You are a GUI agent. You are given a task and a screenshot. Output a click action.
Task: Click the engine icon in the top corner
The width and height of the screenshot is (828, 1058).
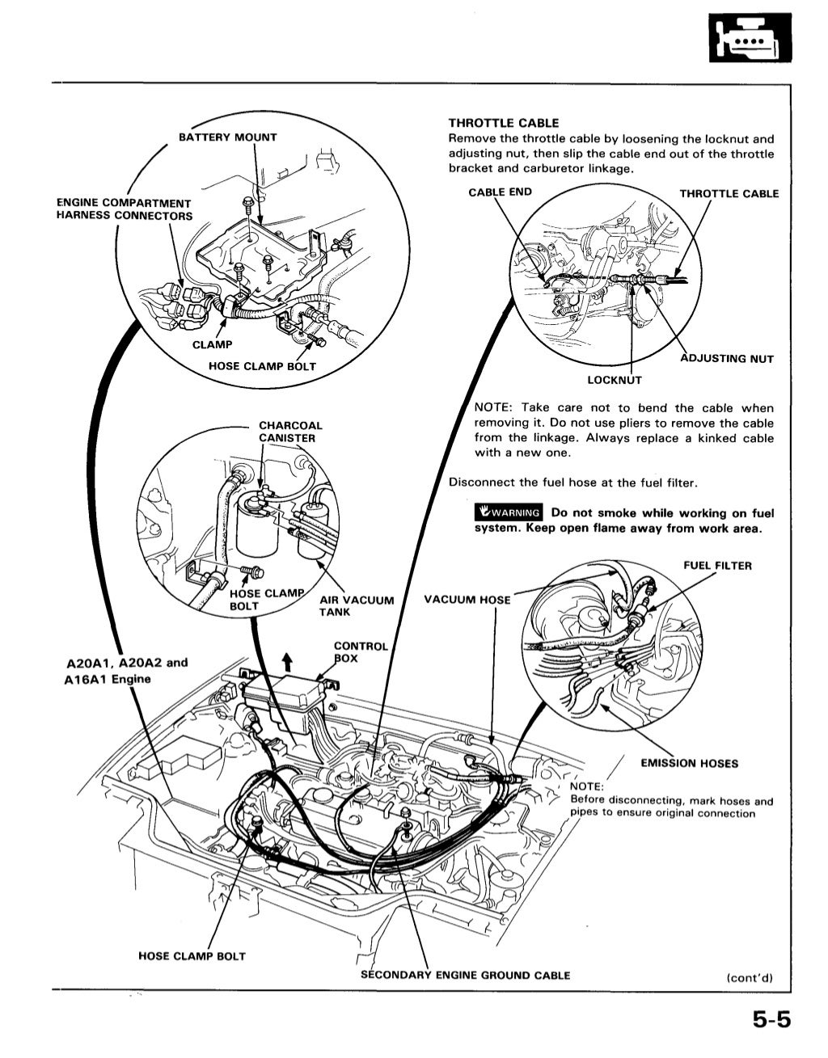coord(748,38)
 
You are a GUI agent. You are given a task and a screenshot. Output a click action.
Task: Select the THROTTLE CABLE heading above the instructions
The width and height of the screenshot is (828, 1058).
coord(503,123)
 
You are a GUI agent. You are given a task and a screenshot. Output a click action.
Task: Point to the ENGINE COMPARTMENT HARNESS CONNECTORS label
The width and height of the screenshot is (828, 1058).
coord(125,209)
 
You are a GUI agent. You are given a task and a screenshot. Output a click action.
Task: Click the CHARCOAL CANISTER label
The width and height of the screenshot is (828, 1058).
coord(289,432)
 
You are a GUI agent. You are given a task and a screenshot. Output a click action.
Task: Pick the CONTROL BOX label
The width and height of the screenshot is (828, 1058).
coord(361,652)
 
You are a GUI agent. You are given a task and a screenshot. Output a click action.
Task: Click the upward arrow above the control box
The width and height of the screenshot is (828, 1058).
coord(286,663)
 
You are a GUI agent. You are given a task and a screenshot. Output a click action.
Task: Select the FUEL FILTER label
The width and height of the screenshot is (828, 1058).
coord(717,566)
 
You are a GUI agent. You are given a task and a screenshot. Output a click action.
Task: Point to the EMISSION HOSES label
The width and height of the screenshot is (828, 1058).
coord(689,763)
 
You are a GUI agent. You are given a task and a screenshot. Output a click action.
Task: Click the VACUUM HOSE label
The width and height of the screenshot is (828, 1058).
coord(467,600)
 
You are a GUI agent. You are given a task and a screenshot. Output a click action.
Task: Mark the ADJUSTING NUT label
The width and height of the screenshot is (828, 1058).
coord(727,359)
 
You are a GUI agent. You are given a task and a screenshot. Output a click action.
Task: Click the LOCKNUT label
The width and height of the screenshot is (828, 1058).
coord(615,380)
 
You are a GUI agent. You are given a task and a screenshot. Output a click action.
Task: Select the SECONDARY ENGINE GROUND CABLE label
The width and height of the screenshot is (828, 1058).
coord(466,975)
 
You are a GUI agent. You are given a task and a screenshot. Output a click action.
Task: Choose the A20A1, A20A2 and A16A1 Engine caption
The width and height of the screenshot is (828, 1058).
coord(125,670)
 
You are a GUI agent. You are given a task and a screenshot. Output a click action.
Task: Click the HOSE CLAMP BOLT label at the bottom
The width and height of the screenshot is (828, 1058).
coord(192,956)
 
